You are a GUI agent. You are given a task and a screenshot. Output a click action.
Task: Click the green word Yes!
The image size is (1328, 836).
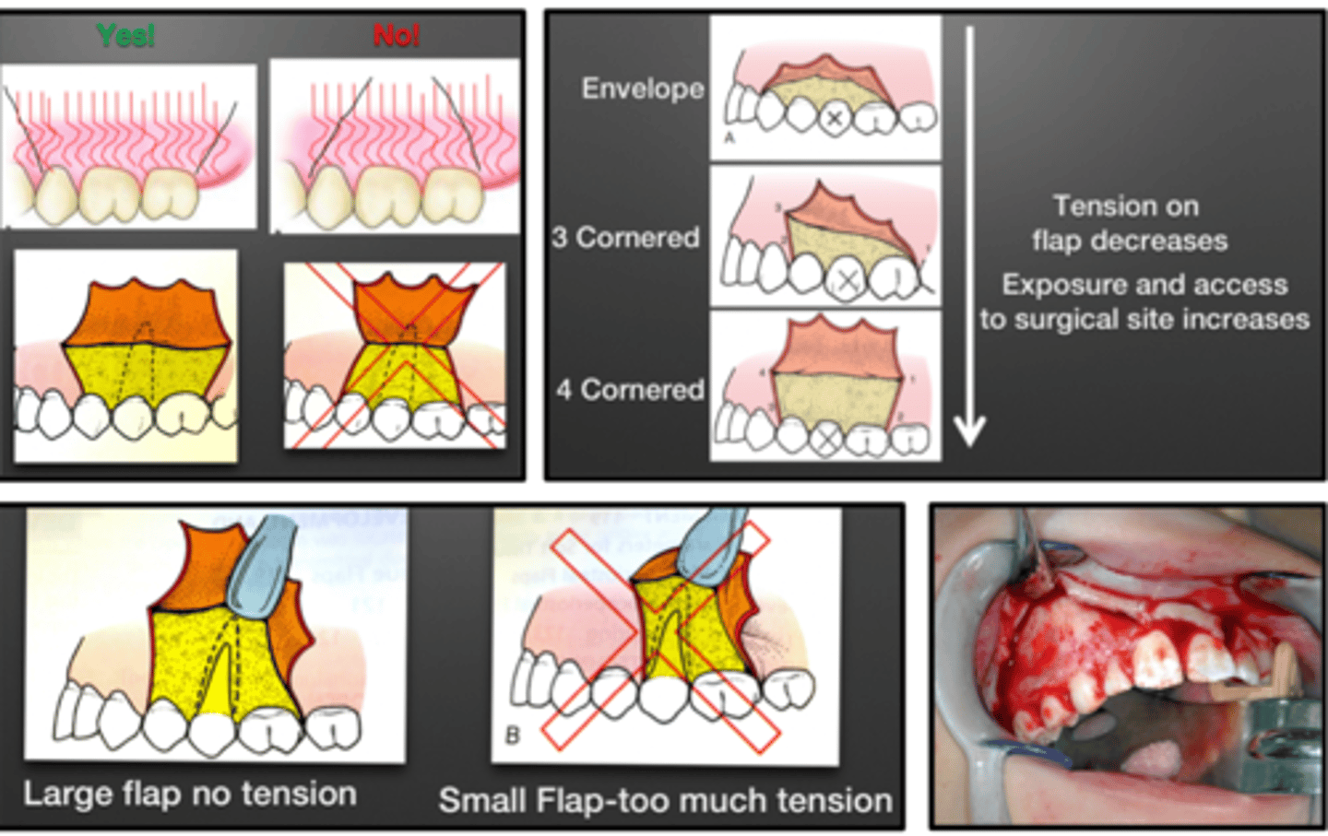pos(125,35)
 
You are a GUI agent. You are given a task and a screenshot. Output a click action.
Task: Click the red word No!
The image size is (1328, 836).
pos(397,35)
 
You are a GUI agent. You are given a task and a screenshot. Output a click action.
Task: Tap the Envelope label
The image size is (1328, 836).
pos(643,88)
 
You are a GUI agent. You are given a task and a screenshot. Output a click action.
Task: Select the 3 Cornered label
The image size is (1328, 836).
pos(625,238)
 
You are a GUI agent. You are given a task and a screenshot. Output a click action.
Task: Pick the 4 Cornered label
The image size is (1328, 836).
pos(630,390)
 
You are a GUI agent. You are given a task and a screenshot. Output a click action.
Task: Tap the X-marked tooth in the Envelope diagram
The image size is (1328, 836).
pos(834,118)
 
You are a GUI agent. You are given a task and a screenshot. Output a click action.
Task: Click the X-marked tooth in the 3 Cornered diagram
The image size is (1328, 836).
pos(848,281)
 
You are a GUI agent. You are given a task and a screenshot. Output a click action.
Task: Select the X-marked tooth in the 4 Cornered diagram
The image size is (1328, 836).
pos(827,439)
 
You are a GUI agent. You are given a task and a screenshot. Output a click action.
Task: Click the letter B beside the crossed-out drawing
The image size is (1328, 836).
pos(513,736)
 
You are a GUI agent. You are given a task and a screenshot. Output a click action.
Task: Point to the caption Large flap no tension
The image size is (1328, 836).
pos(190,794)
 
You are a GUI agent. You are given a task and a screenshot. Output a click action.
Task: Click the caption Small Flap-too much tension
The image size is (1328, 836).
pos(665,800)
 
